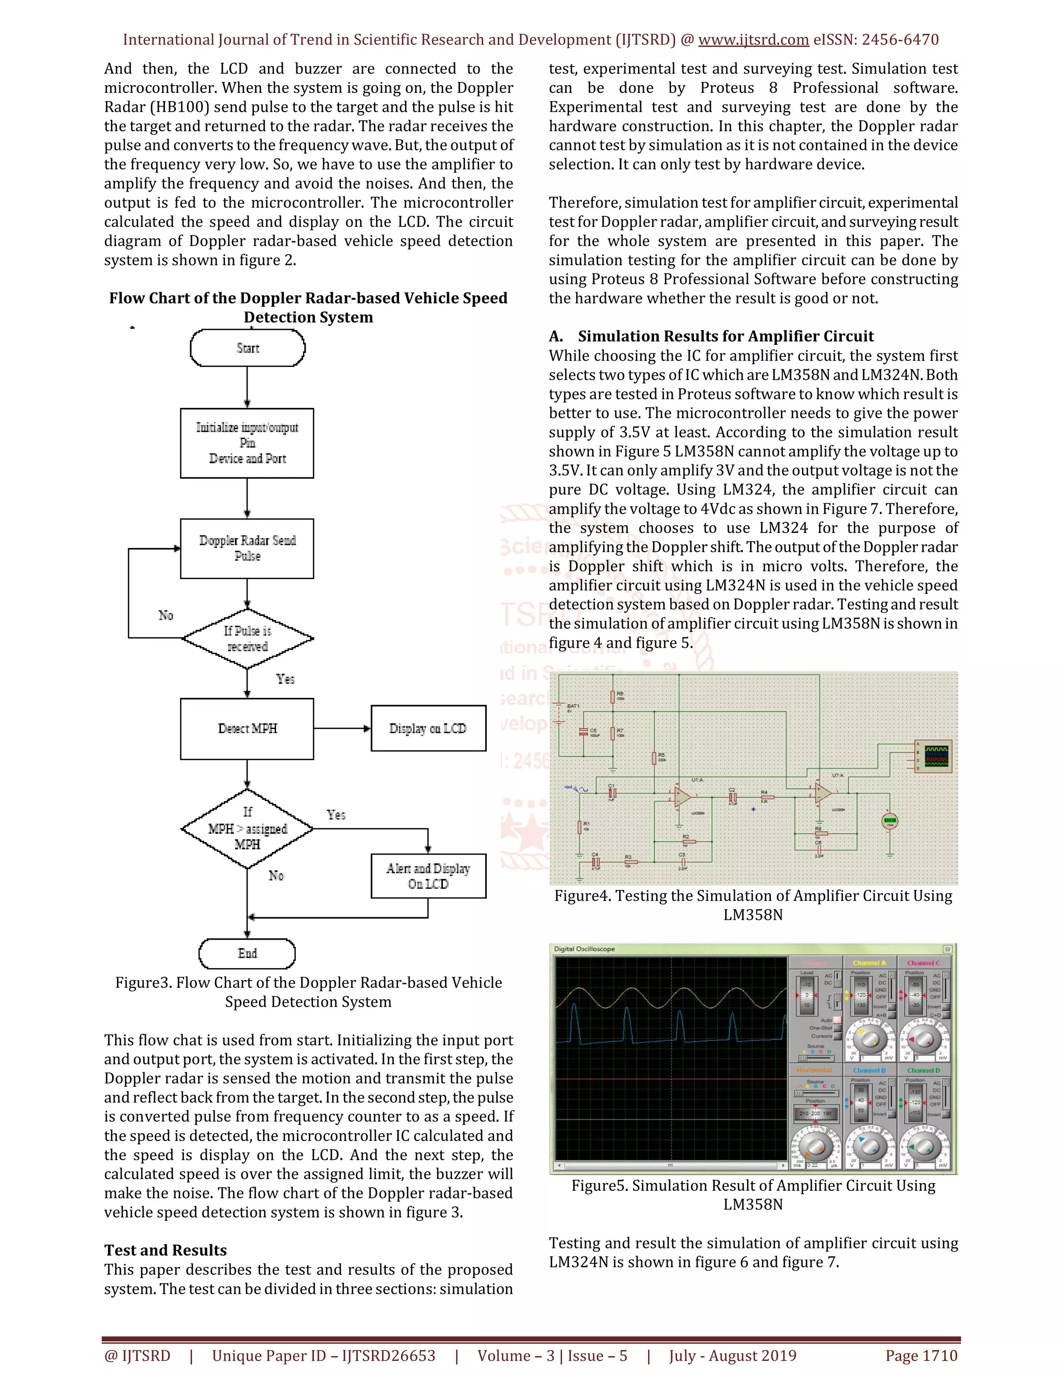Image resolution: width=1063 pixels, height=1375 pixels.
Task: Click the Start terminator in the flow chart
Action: (248, 348)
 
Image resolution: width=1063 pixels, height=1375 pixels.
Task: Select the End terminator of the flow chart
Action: (247, 953)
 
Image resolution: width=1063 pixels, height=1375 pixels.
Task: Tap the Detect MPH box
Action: (247, 728)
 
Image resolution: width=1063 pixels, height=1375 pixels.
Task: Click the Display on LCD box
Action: (428, 728)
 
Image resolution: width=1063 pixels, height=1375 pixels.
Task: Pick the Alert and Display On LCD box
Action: (428, 876)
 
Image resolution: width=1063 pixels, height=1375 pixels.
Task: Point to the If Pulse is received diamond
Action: (248, 638)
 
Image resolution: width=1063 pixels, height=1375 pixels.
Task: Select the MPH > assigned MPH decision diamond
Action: (248, 829)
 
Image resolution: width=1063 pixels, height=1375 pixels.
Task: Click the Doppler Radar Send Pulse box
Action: (247, 548)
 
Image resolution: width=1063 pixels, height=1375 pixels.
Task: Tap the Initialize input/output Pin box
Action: (247, 443)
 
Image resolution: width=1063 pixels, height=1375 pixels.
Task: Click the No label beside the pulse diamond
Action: (166, 615)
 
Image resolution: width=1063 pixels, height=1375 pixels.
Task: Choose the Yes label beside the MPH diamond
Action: (336, 815)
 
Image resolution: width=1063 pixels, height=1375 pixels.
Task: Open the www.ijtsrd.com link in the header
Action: (753, 39)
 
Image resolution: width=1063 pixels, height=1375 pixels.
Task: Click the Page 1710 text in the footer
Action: (921, 1355)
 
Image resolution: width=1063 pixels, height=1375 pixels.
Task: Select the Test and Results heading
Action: (166, 1250)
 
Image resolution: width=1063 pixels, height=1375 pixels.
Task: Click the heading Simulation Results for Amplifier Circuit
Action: (726, 336)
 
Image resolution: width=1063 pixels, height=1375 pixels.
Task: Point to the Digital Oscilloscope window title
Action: (584, 949)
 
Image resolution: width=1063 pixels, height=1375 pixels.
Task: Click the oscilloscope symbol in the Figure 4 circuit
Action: (934, 756)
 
